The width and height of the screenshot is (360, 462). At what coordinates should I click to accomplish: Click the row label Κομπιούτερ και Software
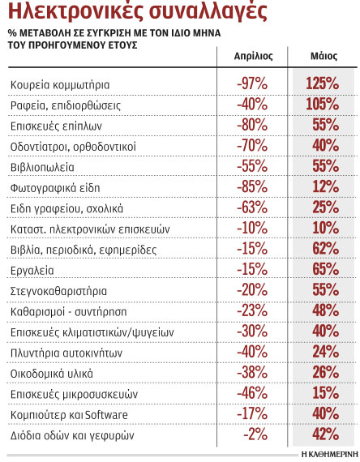tap(71, 414)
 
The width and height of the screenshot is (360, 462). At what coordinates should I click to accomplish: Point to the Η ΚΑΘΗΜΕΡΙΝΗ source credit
tap(328, 452)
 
